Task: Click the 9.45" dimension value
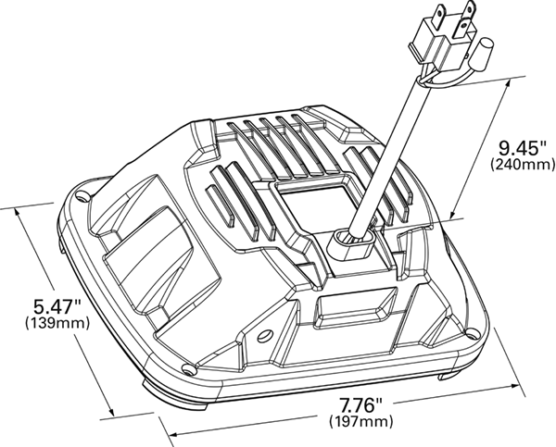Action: (515, 147)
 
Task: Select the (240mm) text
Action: (515, 165)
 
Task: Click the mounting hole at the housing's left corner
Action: (81, 197)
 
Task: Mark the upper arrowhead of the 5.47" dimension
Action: (22, 213)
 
